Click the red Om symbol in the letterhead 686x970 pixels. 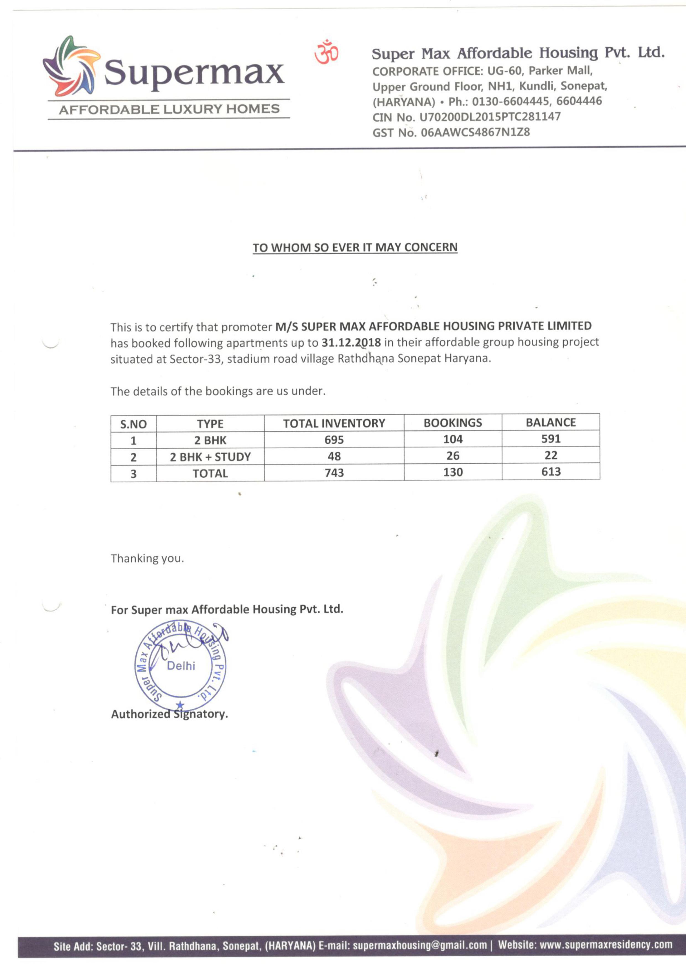point(326,52)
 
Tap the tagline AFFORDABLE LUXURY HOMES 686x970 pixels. point(169,109)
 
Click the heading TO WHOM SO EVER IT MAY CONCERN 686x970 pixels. point(355,248)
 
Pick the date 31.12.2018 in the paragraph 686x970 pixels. point(351,342)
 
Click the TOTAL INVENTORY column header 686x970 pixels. point(334,423)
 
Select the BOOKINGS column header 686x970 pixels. point(453,423)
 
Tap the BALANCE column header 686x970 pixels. point(551,422)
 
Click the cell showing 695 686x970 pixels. point(334,440)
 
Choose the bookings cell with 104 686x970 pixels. point(453,439)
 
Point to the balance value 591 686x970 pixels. point(551,439)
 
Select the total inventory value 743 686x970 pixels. point(334,473)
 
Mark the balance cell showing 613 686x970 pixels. point(551,472)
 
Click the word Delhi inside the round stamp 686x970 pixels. point(181,666)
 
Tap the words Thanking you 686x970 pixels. point(147,558)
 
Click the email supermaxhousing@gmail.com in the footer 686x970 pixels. point(420,945)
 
